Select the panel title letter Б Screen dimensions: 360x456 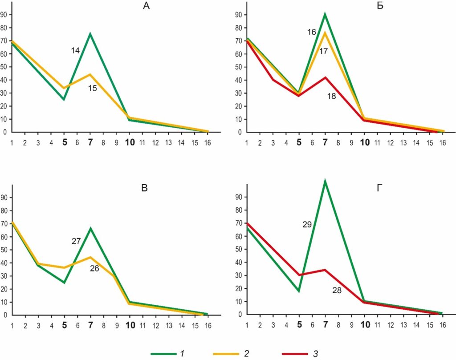click(380, 6)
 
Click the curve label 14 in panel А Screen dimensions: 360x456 click(75, 51)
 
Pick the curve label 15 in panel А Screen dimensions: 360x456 click(92, 89)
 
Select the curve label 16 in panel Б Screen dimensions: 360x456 click(311, 32)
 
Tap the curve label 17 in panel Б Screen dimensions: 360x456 click(324, 51)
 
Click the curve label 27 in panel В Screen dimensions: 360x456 click(76, 241)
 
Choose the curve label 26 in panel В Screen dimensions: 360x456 click(94, 268)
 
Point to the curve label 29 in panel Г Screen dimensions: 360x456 click(307, 225)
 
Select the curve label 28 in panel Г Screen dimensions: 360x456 click(337, 290)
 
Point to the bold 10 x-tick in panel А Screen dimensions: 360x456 click(130, 143)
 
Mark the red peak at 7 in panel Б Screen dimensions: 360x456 click(326, 77)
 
